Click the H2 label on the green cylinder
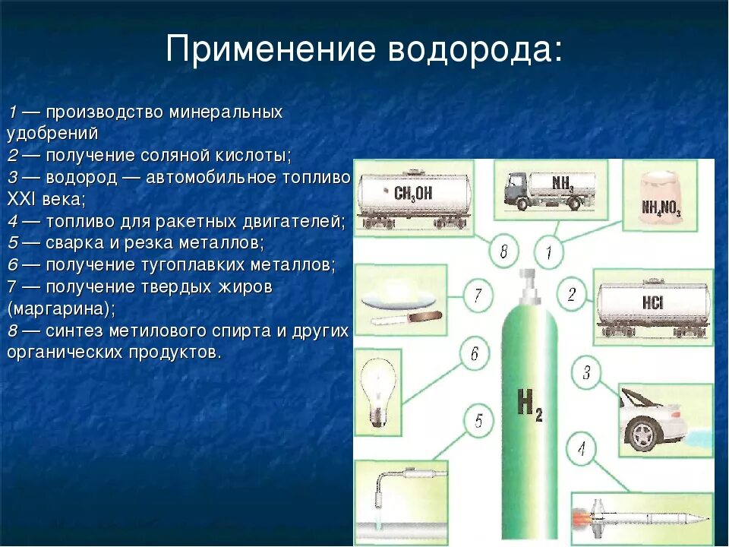[x=529, y=403]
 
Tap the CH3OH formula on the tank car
[x=413, y=193]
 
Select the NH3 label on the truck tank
[x=562, y=183]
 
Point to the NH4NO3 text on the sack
[x=661, y=207]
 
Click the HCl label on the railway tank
[x=652, y=302]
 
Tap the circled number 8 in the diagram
[x=503, y=251]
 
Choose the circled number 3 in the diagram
[x=586, y=372]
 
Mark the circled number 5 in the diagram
[x=478, y=421]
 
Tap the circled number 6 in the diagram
[x=474, y=353]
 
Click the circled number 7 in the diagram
[x=477, y=295]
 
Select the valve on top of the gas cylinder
[x=529, y=282]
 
